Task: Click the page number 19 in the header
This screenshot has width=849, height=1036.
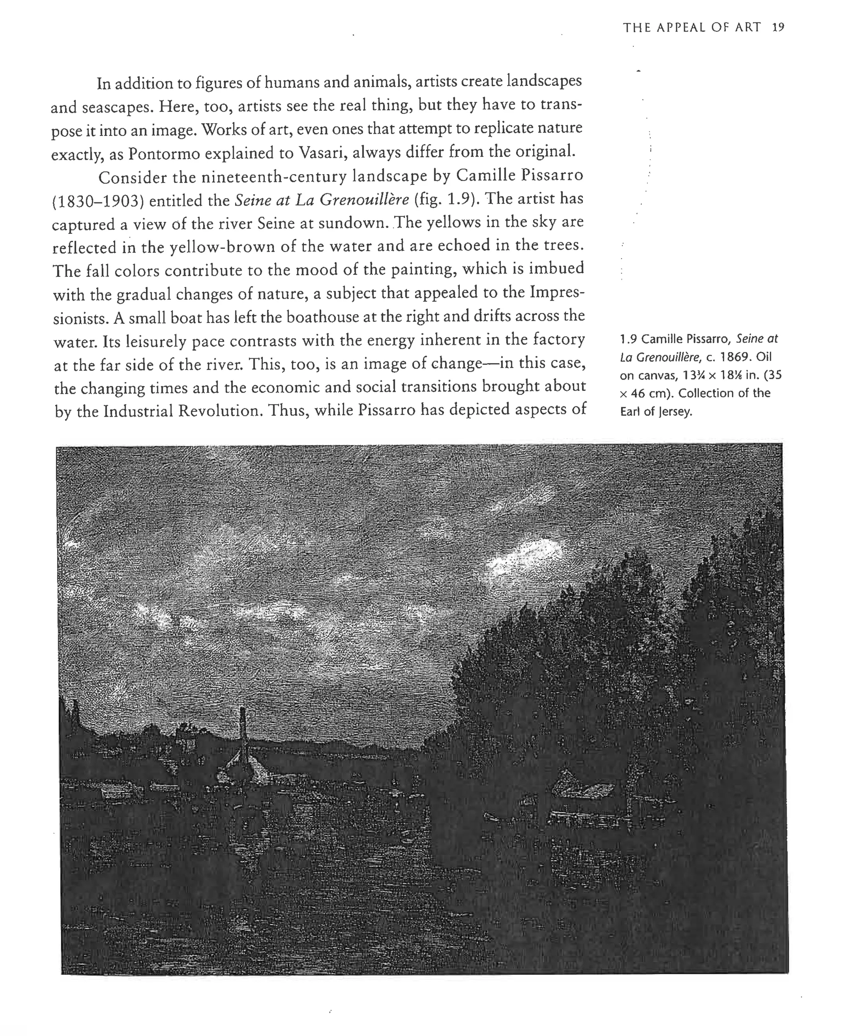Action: pos(778,27)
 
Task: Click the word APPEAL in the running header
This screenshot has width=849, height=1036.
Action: pos(680,27)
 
